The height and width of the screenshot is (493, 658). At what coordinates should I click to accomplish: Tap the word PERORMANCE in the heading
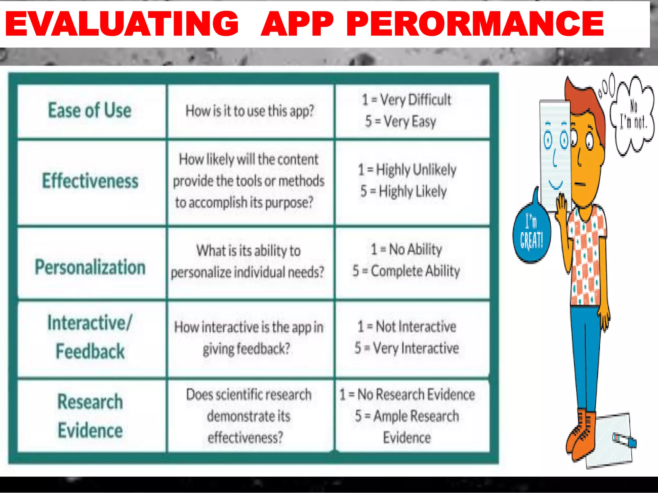[x=475, y=24]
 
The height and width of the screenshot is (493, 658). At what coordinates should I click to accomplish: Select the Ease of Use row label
[x=90, y=110]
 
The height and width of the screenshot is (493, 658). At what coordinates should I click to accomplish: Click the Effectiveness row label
[x=90, y=181]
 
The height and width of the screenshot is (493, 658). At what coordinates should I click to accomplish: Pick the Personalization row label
[x=90, y=267]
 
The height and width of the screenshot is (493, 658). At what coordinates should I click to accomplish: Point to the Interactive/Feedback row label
[x=90, y=337]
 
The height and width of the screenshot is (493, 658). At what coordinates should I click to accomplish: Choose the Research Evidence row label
[x=90, y=416]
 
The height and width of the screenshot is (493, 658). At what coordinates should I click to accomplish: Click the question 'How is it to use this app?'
[x=250, y=111]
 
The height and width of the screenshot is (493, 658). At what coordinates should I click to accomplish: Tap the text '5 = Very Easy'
[x=400, y=122]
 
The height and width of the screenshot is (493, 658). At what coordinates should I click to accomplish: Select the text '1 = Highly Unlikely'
[x=407, y=169]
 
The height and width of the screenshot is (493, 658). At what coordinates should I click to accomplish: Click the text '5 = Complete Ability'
[x=406, y=271]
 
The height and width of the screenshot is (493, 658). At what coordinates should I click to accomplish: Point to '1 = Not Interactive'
[x=407, y=327]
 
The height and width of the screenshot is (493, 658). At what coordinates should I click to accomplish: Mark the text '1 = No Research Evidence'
[x=407, y=394]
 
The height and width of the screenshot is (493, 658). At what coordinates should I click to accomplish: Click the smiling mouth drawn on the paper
[x=556, y=185]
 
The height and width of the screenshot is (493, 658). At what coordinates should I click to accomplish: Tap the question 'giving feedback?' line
[x=246, y=349]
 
